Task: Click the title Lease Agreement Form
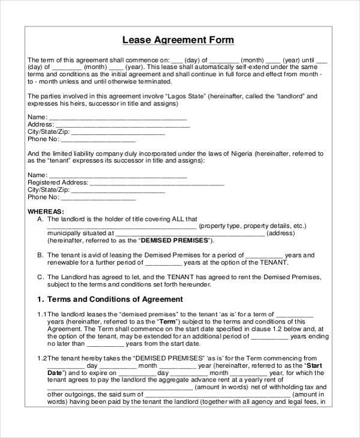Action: click(178, 40)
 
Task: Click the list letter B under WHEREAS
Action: click(40, 255)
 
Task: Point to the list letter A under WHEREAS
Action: click(40, 219)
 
